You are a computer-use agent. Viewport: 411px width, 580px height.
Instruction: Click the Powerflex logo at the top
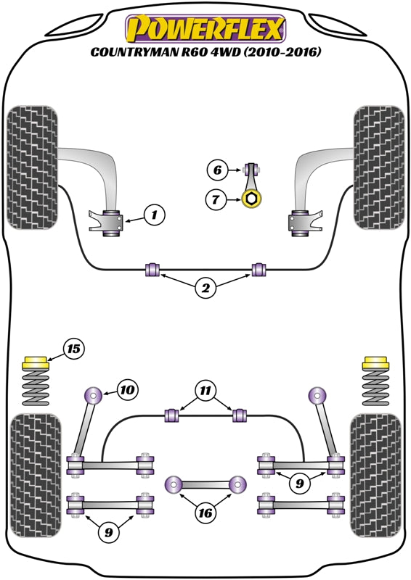(x=206, y=29)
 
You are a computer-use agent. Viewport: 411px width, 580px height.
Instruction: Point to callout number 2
(x=206, y=289)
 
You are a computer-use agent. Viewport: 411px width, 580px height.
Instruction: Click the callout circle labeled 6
(x=216, y=171)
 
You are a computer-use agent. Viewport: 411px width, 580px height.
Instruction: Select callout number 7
(x=216, y=198)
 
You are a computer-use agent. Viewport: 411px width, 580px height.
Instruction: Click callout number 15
(x=73, y=349)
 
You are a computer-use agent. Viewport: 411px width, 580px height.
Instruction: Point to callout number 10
(x=127, y=391)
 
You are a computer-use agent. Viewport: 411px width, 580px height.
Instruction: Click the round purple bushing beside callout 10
(x=94, y=395)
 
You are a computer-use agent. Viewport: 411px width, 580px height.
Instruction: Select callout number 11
(x=206, y=391)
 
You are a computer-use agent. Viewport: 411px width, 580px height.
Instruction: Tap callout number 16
(x=206, y=513)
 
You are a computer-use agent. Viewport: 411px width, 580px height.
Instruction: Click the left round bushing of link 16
(x=174, y=484)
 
